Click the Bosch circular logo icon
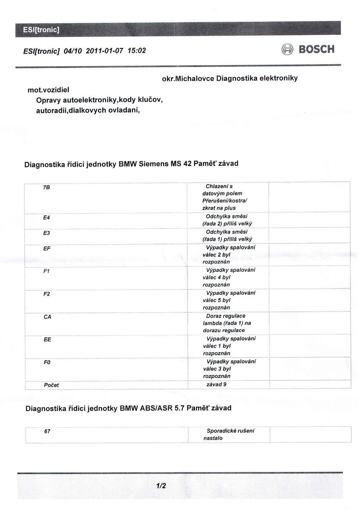coord(287,50)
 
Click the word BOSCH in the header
coord(316,49)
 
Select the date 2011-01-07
coord(105,51)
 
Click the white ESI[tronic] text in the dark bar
coord(41,30)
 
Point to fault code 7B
coord(46,187)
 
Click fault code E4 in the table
coord(46,217)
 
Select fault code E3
coord(46,233)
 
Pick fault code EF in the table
coord(47,248)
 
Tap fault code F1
coord(46,271)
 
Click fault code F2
coord(47,294)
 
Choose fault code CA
coord(47,317)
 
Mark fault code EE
coord(47,339)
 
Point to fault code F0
coord(47,362)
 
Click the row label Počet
coord(51,385)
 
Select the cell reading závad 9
coord(216,384)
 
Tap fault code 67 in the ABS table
coord(47,432)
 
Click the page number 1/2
coord(161,486)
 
